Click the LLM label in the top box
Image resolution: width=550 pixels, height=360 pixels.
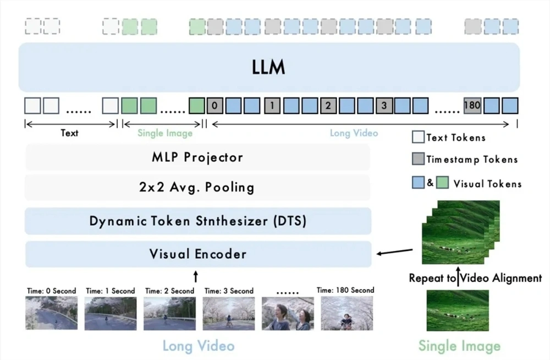pyautogui.click(x=269, y=67)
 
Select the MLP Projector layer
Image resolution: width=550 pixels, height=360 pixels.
pyautogui.click(x=197, y=157)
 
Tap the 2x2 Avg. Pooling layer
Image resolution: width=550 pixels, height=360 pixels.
pyautogui.click(x=197, y=187)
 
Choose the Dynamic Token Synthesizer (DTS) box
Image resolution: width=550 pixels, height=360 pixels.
pyautogui.click(x=197, y=221)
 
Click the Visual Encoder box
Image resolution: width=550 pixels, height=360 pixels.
pyautogui.click(x=197, y=254)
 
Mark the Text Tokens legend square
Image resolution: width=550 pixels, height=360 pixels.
pyautogui.click(x=418, y=137)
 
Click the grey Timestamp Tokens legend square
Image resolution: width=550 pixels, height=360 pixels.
pyautogui.click(x=418, y=160)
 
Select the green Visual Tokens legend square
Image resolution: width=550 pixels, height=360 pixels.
pyautogui.click(x=443, y=183)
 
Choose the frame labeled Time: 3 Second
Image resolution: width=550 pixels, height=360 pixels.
pyautogui.click(x=229, y=313)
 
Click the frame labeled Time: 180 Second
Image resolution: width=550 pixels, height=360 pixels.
pyautogui.click(x=346, y=313)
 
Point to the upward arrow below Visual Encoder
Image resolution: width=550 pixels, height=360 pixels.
pyautogui.click(x=196, y=275)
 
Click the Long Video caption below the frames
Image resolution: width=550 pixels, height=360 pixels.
pyautogui.click(x=198, y=346)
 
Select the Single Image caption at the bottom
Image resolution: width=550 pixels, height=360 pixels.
pyautogui.click(x=459, y=346)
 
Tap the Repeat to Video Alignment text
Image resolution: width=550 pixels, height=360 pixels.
pyautogui.click(x=475, y=278)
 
